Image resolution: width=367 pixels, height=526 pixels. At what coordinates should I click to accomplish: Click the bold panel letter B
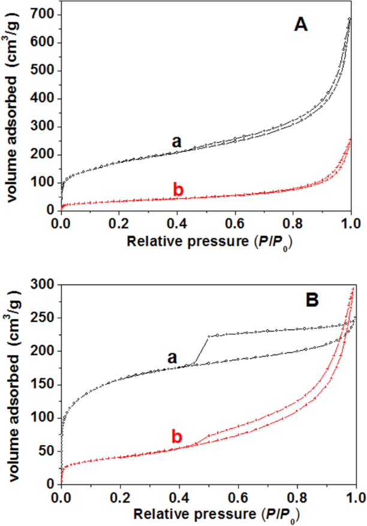click(x=312, y=299)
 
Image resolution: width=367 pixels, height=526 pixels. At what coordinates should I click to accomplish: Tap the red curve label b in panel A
click(x=178, y=190)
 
